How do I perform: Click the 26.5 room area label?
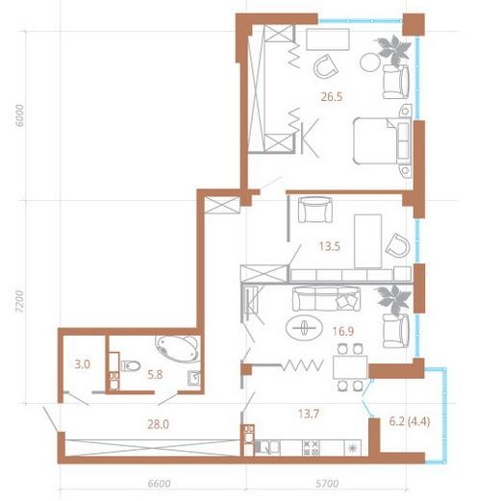click(332, 96)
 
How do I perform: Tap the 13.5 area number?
click(330, 246)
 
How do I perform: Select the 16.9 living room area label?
click(343, 331)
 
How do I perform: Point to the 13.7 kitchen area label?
click(309, 413)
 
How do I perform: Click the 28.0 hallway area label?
click(158, 424)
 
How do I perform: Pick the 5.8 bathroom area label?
click(155, 374)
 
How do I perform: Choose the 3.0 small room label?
click(82, 364)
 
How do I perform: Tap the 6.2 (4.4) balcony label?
click(410, 421)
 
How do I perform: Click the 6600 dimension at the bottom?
click(159, 484)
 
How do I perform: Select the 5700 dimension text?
click(327, 484)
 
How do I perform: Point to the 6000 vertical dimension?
click(19, 115)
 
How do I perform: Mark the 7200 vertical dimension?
click(19, 302)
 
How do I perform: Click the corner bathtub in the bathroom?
click(177, 349)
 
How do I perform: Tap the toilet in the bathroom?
click(131, 365)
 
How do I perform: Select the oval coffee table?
click(304, 328)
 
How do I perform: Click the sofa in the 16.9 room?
click(326, 299)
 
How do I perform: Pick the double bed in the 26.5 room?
click(382, 140)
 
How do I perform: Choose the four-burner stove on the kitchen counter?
click(312, 448)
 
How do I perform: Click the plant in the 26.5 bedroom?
click(394, 51)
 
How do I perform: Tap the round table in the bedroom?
click(370, 63)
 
